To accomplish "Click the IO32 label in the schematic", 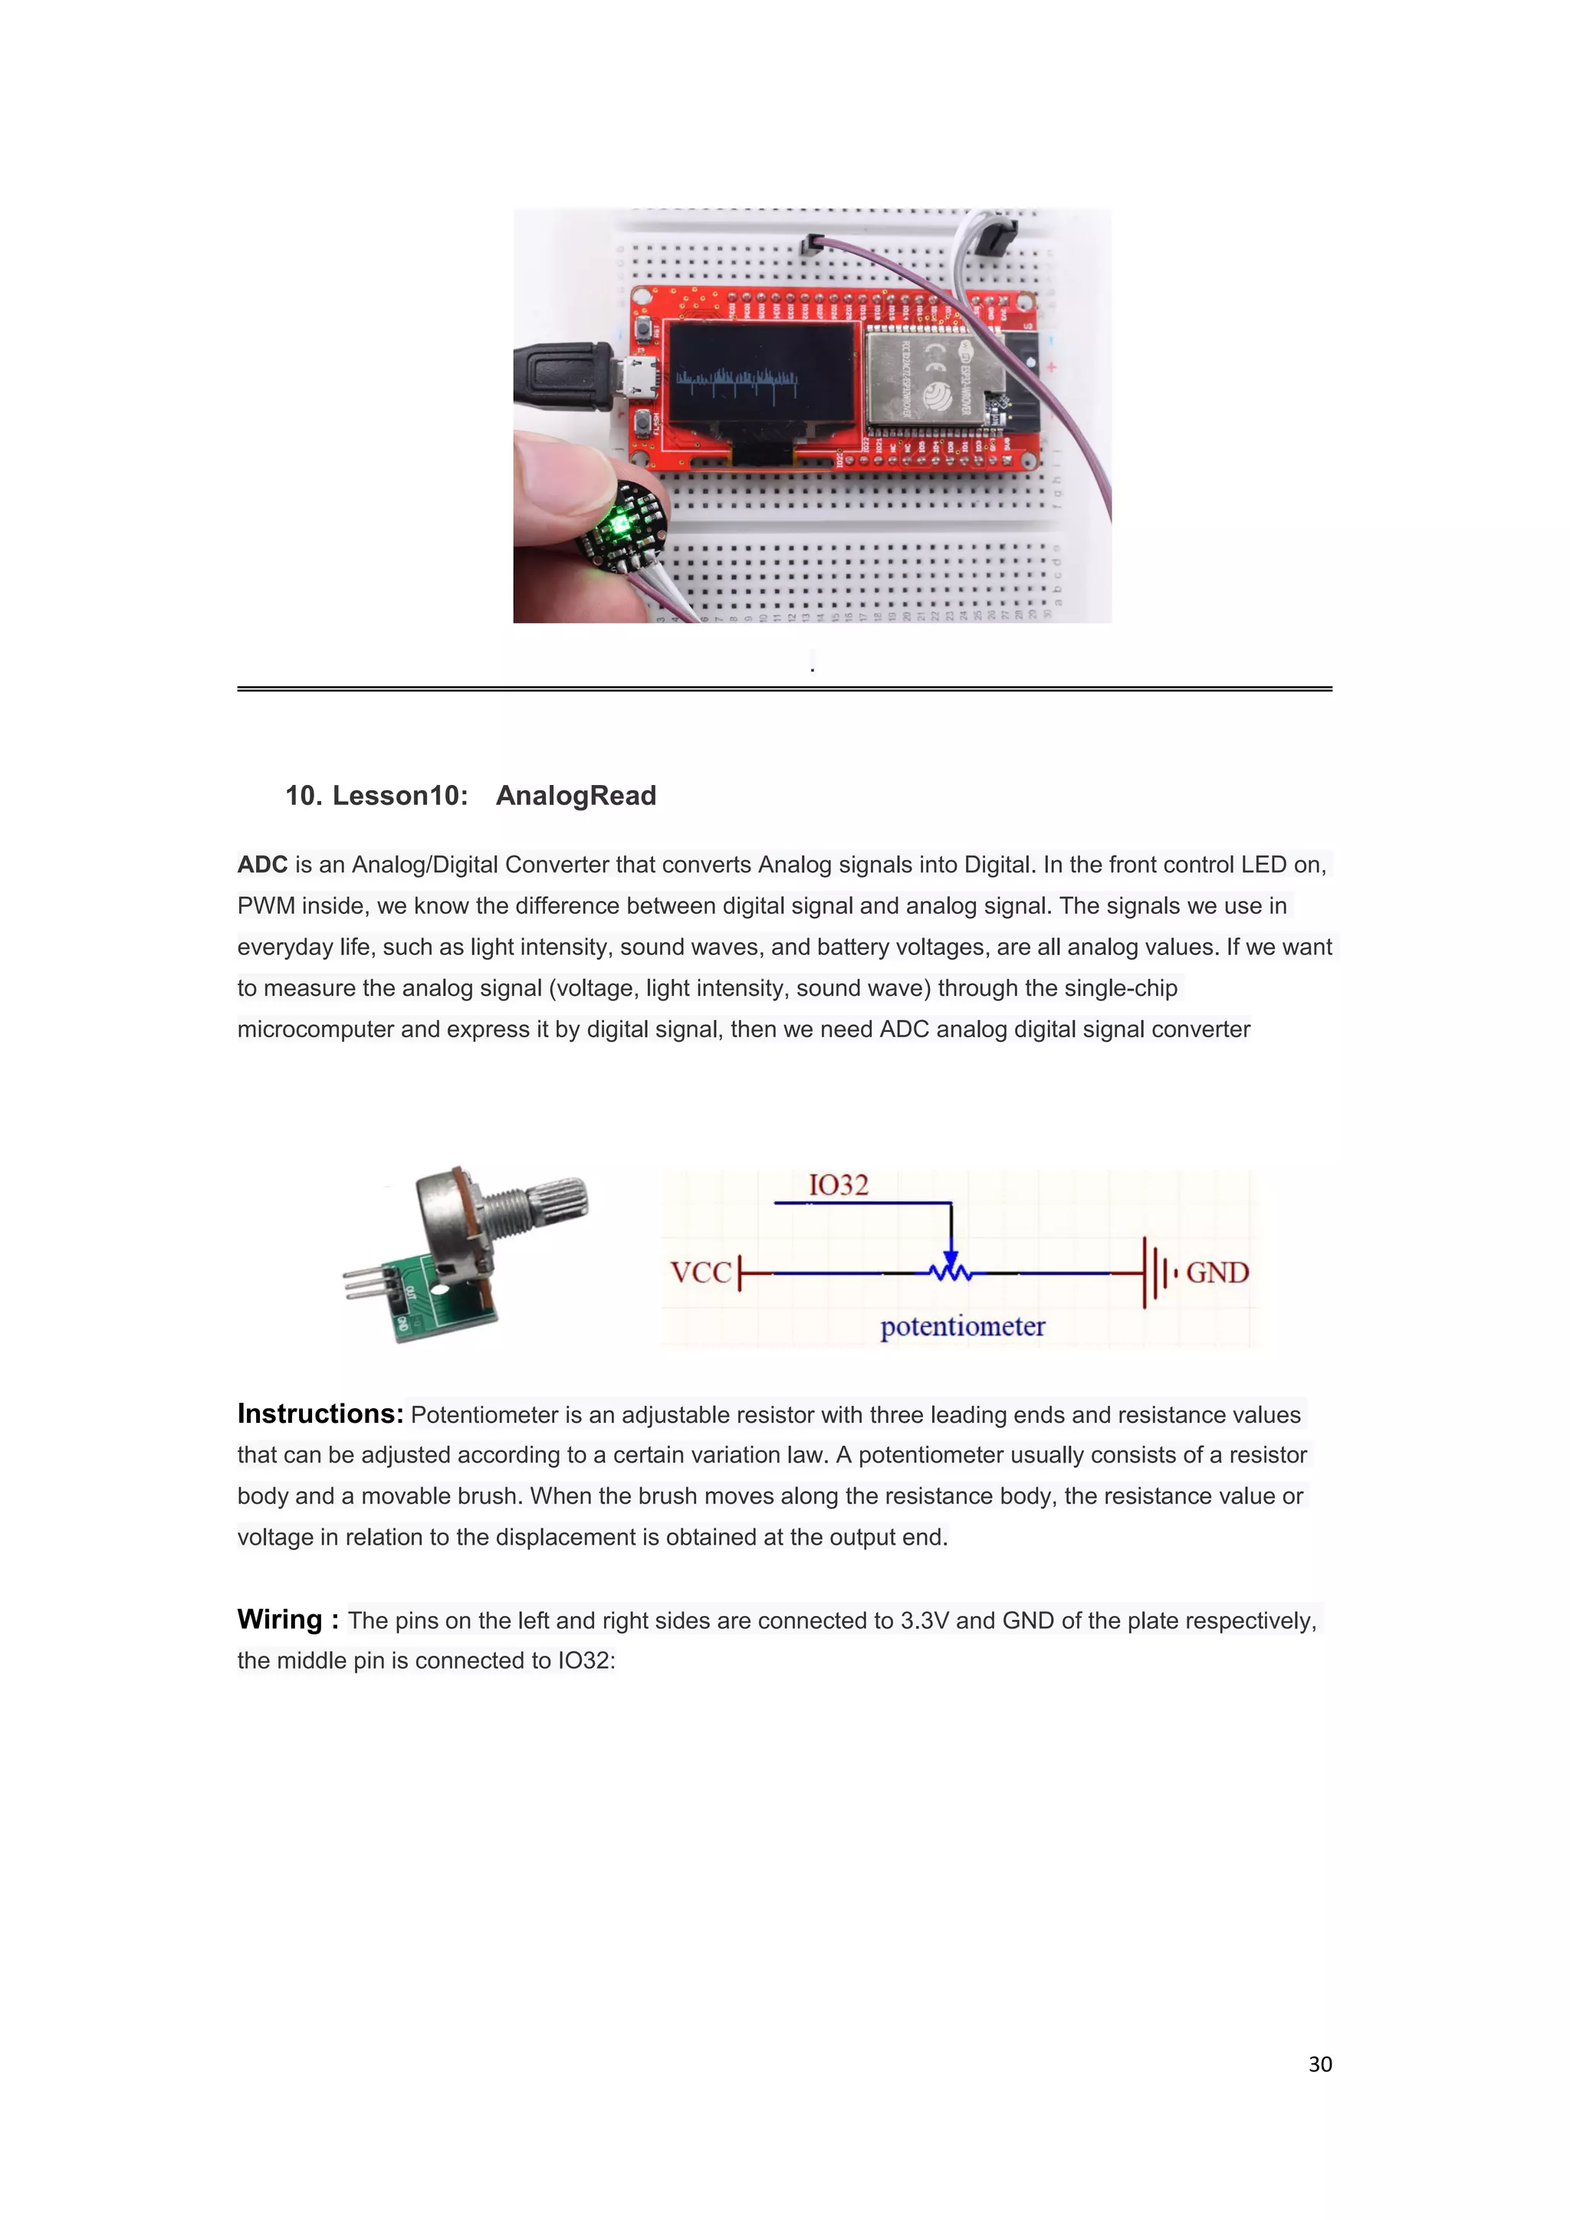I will tap(838, 1184).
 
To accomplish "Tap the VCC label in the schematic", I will tap(700, 1272).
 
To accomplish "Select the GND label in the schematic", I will tap(1217, 1272).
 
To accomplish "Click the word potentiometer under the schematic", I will tap(962, 1327).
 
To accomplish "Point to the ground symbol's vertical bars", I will tap(1155, 1272).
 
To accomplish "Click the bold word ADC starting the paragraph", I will tap(262, 865).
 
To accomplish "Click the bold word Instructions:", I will tap(320, 1414).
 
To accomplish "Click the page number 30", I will tap(1319, 2064).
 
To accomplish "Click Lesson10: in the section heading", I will tap(399, 796).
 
